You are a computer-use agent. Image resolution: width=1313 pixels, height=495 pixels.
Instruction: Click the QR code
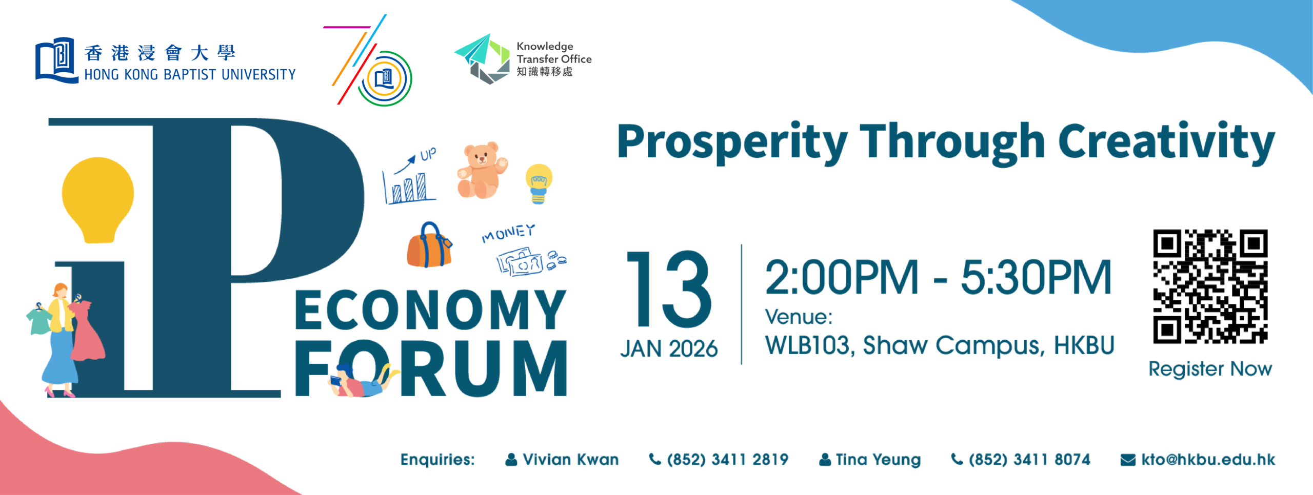point(1210,286)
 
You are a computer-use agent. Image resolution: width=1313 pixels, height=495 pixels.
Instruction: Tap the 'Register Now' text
point(1210,369)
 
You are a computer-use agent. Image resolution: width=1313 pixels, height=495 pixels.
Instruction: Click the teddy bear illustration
point(481,171)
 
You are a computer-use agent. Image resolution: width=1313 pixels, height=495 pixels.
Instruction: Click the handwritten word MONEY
point(508,233)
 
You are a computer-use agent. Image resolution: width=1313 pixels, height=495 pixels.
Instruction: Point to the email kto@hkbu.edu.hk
point(1207,460)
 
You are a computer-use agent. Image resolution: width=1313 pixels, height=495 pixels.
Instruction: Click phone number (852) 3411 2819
point(727,460)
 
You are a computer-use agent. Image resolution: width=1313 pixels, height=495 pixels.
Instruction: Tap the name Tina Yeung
point(878,460)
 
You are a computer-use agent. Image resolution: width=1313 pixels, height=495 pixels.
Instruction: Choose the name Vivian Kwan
point(570,460)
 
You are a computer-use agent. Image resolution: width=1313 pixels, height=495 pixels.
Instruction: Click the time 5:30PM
point(1035,278)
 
